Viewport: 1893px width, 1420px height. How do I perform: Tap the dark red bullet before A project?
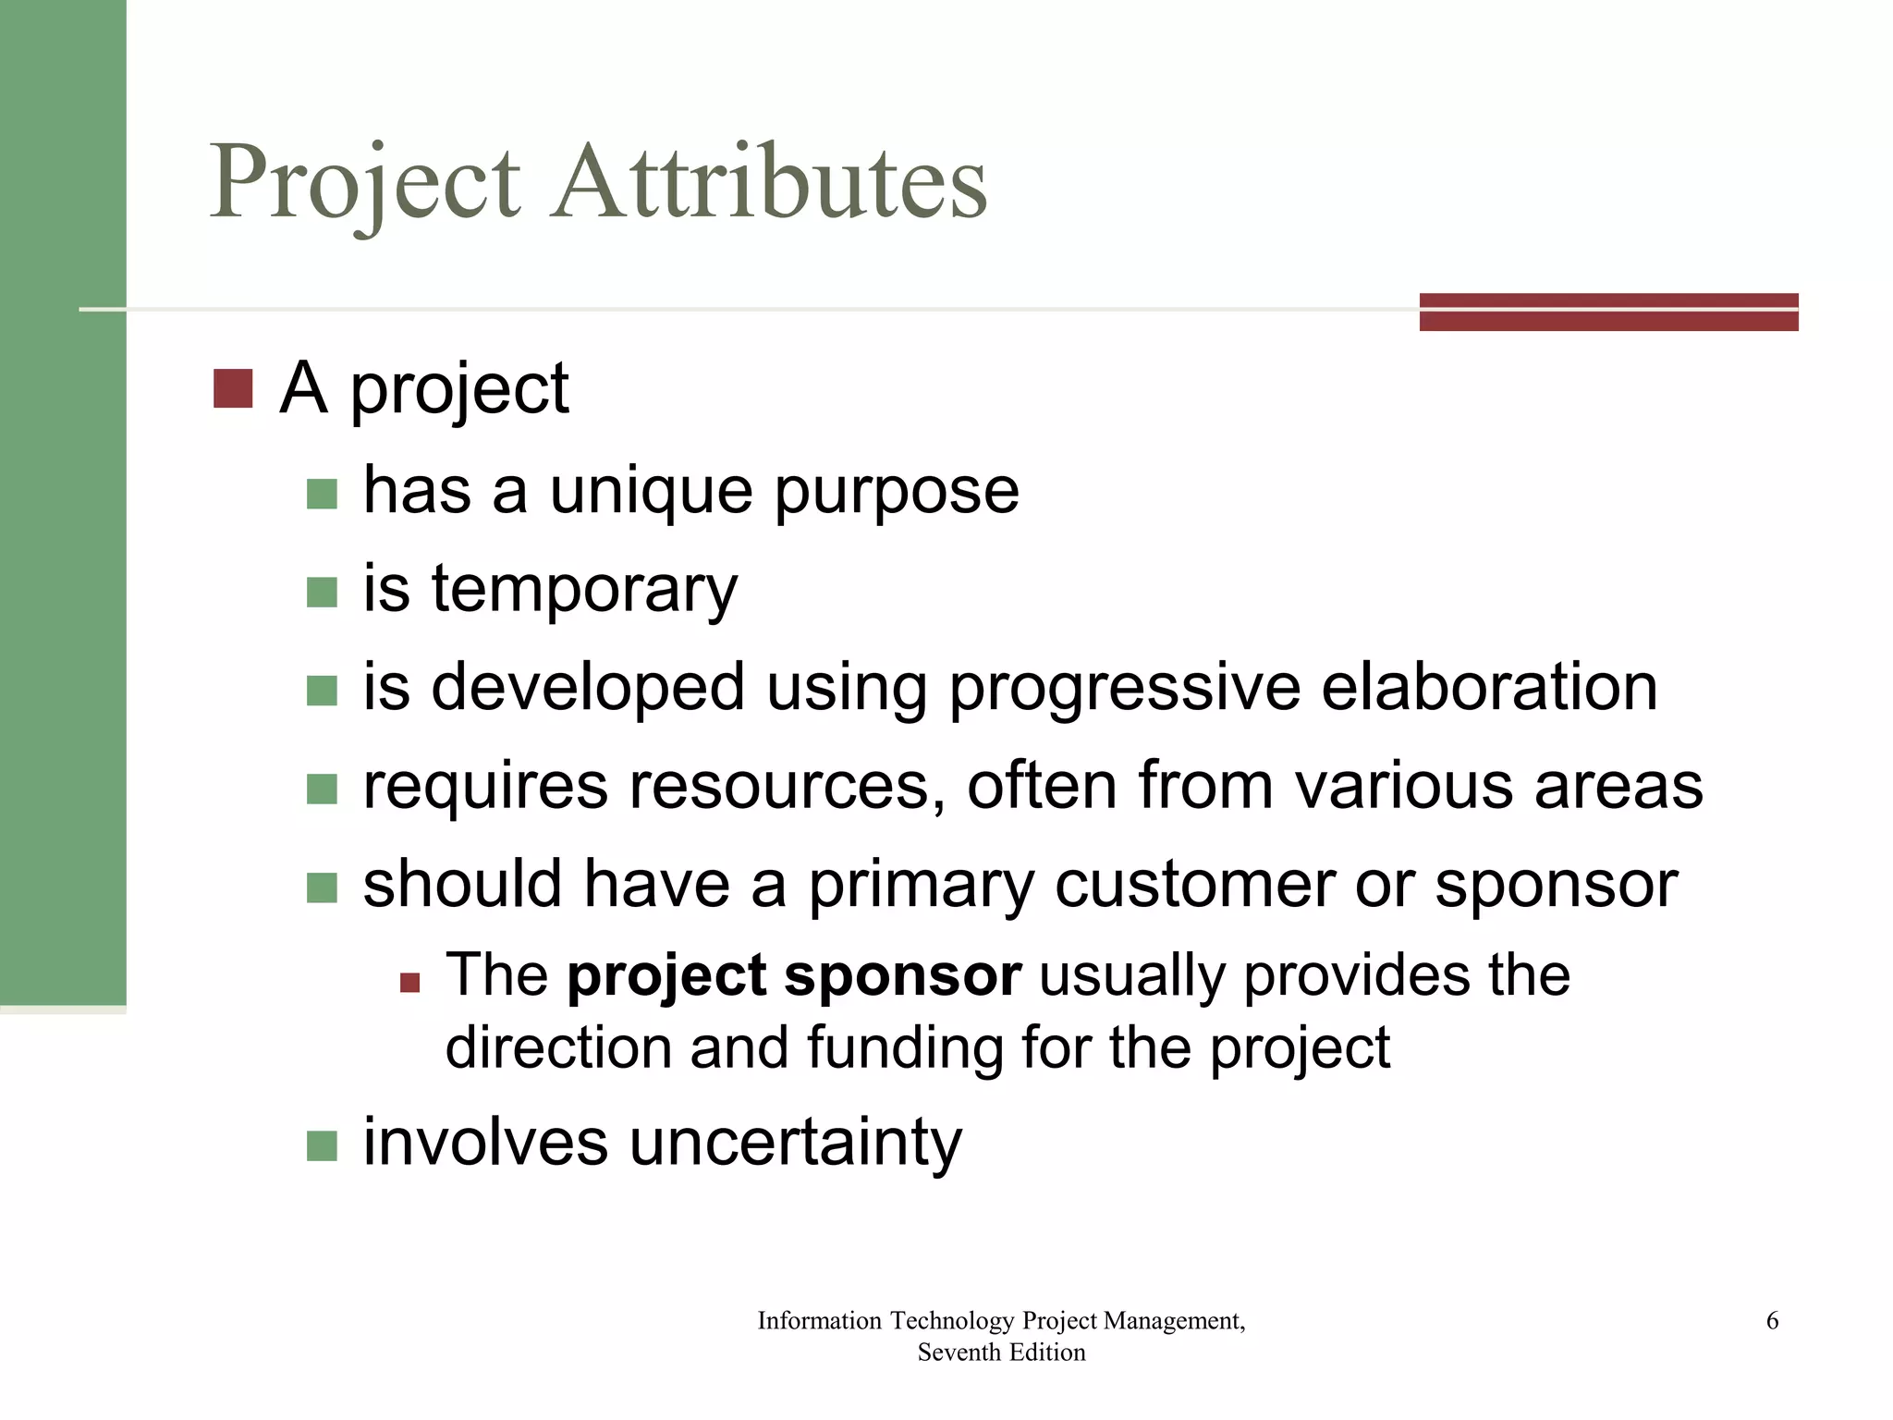point(233,389)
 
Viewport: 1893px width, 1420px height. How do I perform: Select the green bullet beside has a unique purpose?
point(322,494)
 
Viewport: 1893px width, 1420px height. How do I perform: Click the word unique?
point(651,491)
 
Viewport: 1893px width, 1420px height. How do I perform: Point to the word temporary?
point(584,590)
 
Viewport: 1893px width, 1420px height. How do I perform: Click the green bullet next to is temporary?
point(322,593)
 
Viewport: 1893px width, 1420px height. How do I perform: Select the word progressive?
point(1124,689)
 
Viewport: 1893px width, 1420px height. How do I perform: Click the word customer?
point(1194,885)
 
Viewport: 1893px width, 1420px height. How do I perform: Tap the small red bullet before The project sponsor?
point(409,982)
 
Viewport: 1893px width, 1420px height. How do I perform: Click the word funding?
point(905,1047)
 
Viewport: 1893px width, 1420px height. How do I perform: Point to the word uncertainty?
point(795,1143)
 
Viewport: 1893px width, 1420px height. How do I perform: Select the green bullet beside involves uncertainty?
point(322,1146)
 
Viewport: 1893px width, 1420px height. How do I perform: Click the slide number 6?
point(1772,1320)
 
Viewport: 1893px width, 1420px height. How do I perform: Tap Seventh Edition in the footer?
point(1001,1353)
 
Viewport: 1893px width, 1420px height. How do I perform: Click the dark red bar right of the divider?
point(1608,312)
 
